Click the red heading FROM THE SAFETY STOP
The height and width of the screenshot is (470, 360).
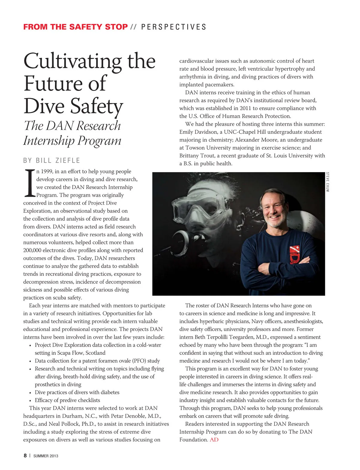pyautogui.click(x=75, y=27)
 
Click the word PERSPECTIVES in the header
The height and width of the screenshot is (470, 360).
pyautogui.click(x=174, y=27)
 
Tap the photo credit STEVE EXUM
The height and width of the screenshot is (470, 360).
pyautogui.click(x=327, y=182)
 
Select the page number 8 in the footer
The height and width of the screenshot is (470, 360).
pyautogui.click(x=25, y=456)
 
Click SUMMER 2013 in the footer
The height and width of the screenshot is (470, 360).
pyautogui.click(x=46, y=456)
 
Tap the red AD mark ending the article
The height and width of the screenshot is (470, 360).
pyautogui.click(x=214, y=440)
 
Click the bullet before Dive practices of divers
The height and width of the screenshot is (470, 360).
pyautogui.click(x=30, y=393)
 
